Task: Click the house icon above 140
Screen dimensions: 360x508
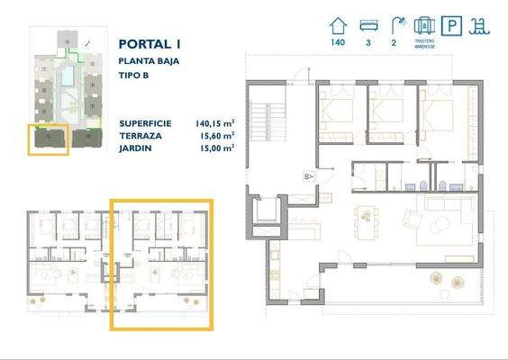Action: [339, 25]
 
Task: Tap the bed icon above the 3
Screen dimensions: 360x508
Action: [367, 25]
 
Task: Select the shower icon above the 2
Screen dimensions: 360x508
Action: [395, 25]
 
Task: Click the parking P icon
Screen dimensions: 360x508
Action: [454, 25]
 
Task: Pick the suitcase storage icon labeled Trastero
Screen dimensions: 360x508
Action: [424, 24]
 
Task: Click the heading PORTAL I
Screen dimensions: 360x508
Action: [149, 43]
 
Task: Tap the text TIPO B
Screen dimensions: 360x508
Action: [134, 75]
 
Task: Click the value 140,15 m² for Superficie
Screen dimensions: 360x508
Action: [215, 123]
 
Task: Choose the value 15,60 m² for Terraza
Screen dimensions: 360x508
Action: [218, 135]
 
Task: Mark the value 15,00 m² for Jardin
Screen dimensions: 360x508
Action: [218, 147]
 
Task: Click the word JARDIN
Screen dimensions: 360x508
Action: [134, 147]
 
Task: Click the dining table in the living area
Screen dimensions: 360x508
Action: [367, 216]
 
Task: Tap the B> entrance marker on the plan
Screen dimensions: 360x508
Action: [308, 176]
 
